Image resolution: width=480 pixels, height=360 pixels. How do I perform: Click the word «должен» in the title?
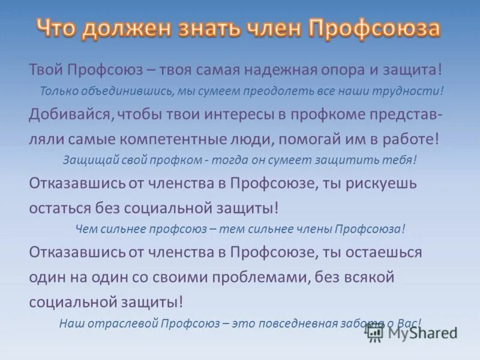[x=126, y=28]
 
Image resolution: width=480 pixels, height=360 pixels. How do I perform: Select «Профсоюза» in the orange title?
[x=374, y=28]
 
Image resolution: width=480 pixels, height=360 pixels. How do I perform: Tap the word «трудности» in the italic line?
[x=413, y=91]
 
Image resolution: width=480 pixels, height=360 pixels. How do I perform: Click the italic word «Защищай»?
[x=86, y=160]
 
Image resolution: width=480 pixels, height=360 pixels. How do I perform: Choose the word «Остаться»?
[x=59, y=207]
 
